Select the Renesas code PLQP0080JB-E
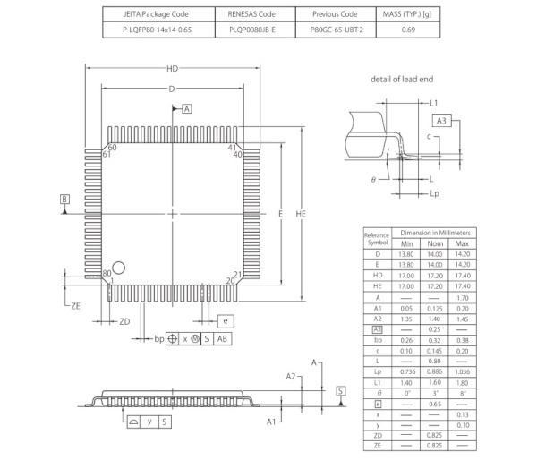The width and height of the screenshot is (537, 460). pos(252,30)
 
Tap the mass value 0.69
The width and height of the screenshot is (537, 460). pos(407,30)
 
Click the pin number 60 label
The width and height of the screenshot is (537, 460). pos(113,148)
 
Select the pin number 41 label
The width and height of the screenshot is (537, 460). pos(232,148)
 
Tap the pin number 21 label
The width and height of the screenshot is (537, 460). pos(238,274)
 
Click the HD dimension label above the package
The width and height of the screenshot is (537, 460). pos(172,69)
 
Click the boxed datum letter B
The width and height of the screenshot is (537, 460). pos(64,199)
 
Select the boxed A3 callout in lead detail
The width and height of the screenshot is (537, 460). pos(441,121)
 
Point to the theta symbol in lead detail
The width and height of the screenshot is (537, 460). pos(373,179)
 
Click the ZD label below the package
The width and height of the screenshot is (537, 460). pos(124,320)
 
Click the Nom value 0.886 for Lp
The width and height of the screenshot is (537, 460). pos(434,370)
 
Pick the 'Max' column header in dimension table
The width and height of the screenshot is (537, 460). pos(463,243)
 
